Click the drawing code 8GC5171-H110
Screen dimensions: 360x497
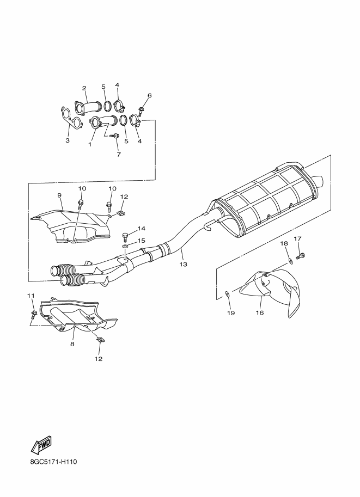pyautogui.click(x=52, y=462)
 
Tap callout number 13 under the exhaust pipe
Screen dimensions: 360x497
pyautogui.click(x=184, y=263)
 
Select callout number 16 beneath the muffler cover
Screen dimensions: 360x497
pyautogui.click(x=260, y=313)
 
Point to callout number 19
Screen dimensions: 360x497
pyautogui.click(x=231, y=313)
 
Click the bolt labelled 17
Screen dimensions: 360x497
pyautogui.click(x=301, y=255)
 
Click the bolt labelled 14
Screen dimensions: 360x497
pyautogui.click(x=125, y=237)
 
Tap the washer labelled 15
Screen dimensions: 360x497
pyautogui.click(x=125, y=246)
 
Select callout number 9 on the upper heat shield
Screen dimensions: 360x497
pyautogui.click(x=59, y=195)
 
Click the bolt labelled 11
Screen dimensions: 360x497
pyautogui.click(x=33, y=315)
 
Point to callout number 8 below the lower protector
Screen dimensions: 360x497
pyautogui.click(x=72, y=344)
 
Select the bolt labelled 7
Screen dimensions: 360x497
pyautogui.click(x=114, y=136)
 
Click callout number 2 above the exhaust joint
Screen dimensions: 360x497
pyautogui.click(x=84, y=88)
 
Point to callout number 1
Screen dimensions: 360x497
pyautogui.click(x=90, y=144)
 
